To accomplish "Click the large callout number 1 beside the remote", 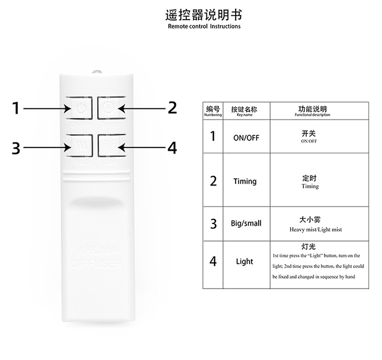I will pos(15,108).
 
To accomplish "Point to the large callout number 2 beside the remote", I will pos(172,108).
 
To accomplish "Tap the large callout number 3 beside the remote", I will pos(16,148).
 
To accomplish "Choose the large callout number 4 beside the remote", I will pos(172,148).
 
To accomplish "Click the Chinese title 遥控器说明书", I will pos(204,15).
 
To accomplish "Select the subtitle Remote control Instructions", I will pos(204,27).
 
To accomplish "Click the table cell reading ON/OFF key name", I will pos(246,138).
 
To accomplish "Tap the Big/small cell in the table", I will pos(246,223).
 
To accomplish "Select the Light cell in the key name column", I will pos(244,262).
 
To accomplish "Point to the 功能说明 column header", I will pos(312,110).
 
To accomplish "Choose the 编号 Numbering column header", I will pos(213,110).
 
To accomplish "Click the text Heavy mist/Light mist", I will pos(316,229).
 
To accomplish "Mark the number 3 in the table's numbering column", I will pos(213,223).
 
